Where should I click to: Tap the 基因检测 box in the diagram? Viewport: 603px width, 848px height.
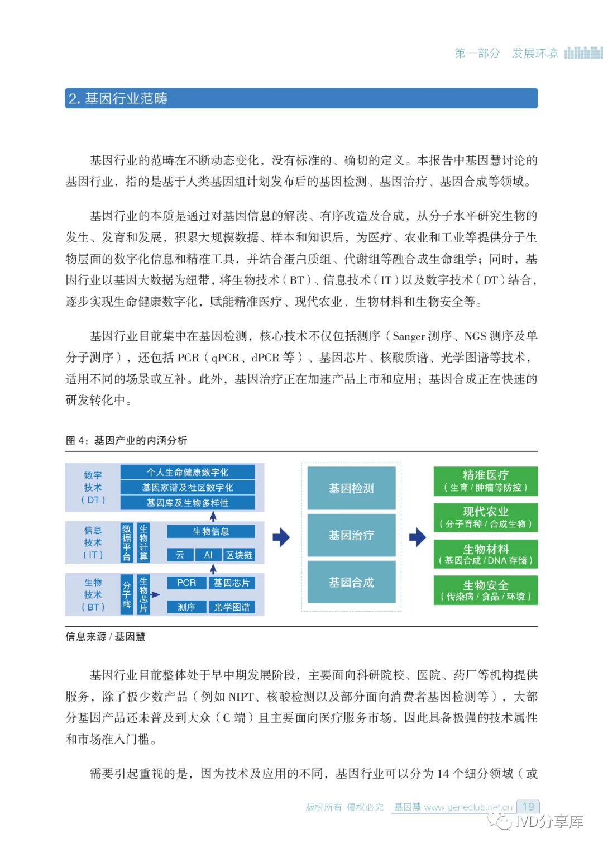coord(351,488)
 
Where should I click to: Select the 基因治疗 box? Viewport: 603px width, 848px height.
coord(351,535)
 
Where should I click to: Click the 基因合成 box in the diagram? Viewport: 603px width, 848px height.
coord(351,582)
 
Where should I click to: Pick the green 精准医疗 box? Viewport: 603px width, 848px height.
coord(485,481)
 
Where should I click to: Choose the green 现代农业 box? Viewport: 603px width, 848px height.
coord(485,517)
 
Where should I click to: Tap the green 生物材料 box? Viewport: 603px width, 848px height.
coord(485,554)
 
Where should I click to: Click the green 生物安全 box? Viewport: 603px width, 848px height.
coord(485,590)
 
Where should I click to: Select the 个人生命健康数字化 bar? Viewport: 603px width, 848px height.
coord(188,472)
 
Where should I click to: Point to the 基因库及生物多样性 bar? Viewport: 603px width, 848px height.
coord(188,503)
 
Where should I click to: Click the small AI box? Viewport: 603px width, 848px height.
coord(208,555)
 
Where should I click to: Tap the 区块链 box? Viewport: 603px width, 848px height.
coord(239,555)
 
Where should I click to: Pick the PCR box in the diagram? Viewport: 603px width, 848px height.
coord(186,583)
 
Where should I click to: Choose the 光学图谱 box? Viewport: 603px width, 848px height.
coord(231,607)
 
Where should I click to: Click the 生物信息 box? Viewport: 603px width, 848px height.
coord(210,531)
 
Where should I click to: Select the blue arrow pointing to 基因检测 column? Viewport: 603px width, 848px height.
coord(281,537)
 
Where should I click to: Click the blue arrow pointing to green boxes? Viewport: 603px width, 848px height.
coord(417,537)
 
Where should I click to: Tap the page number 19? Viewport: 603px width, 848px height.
coord(528,807)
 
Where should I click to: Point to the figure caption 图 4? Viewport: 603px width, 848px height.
coord(126,440)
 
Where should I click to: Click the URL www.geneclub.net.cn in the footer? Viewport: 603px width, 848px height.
coord(468,807)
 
